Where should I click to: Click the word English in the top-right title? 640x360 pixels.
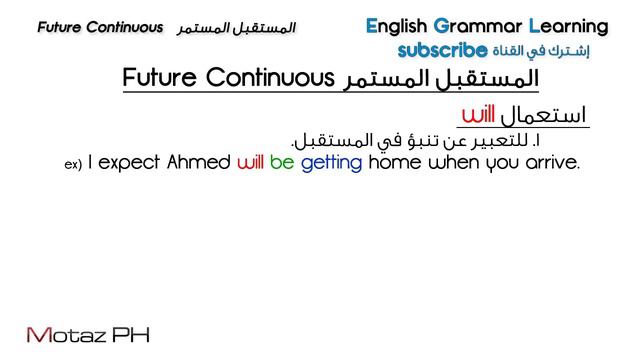397,26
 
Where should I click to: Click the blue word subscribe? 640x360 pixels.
442,49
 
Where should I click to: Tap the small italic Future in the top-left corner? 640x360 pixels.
62,27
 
